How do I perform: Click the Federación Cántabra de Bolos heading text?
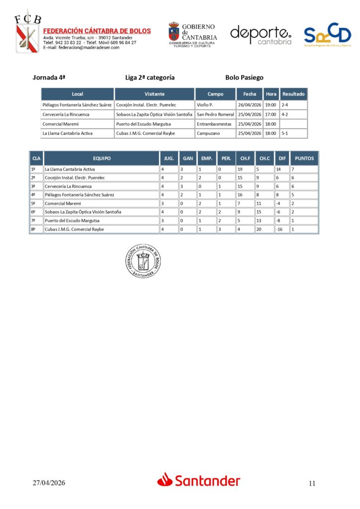[x=97, y=31]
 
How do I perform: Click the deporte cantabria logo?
[x=261, y=35]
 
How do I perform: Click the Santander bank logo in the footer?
[x=199, y=480]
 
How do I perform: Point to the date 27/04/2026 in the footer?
[x=49, y=483]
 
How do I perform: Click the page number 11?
[x=312, y=483]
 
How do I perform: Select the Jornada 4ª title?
[x=49, y=78]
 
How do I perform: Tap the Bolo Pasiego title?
[x=244, y=78]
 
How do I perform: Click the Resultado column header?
[x=293, y=94]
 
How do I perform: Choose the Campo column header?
[x=215, y=94]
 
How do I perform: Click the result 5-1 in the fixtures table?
[x=285, y=133]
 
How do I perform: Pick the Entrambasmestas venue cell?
[x=214, y=124]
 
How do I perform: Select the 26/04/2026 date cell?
[x=250, y=105]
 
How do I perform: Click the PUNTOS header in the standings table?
[x=304, y=159]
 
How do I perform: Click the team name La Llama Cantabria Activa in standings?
[x=70, y=170]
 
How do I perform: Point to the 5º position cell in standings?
[x=34, y=203]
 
